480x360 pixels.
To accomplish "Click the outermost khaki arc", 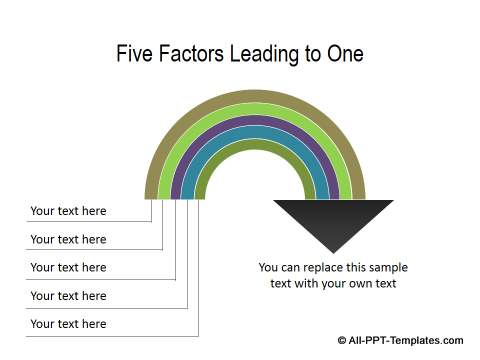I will pyautogui.click(x=255, y=96).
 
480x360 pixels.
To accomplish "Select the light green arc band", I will pyautogui.click(x=255, y=108).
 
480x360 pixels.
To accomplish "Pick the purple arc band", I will pyautogui.click(x=255, y=120).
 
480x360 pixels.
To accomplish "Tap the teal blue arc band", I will pyautogui.click(x=255, y=131).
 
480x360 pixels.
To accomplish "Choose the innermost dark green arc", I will pyautogui.click(x=255, y=143).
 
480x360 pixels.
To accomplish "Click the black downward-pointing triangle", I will pyautogui.click(x=333, y=220).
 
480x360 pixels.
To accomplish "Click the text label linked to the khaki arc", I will pyautogui.click(x=68, y=211).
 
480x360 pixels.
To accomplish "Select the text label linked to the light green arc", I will pyautogui.click(x=68, y=239).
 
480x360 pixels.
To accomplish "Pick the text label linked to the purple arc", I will pyautogui.click(x=68, y=267).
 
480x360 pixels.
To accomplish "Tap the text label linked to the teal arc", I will pyautogui.click(x=68, y=295).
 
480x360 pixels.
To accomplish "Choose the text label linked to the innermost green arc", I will pyautogui.click(x=68, y=324).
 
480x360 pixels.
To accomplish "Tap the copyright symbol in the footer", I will pyautogui.click(x=343, y=340).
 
